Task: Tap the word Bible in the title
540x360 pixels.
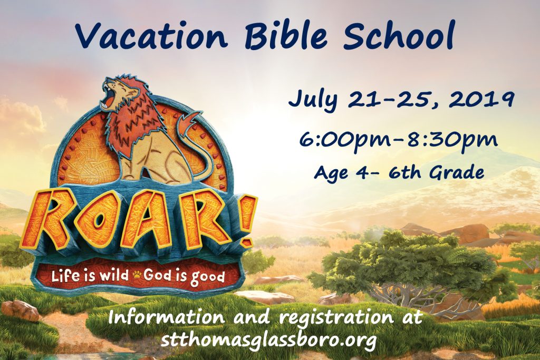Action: (x=288, y=35)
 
